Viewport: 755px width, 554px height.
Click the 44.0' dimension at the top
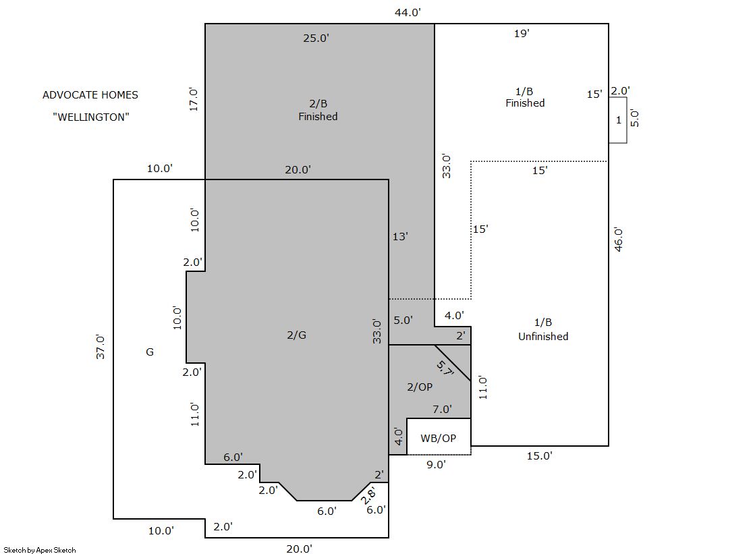[x=408, y=13]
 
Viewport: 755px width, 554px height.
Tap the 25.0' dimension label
[x=316, y=38]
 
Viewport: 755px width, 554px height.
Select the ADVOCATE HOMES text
[x=90, y=95]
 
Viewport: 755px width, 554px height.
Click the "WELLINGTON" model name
[x=91, y=117]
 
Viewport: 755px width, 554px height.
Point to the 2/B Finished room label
[x=318, y=110]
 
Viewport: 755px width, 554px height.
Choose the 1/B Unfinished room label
[x=543, y=329]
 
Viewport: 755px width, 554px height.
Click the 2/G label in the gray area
[x=297, y=335]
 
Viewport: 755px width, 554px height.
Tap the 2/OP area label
[x=420, y=387]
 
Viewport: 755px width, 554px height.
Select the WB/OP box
[x=439, y=437]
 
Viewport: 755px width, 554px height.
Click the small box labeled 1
[x=618, y=120]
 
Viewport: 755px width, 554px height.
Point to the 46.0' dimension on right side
[x=619, y=240]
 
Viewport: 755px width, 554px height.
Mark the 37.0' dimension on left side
[x=100, y=346]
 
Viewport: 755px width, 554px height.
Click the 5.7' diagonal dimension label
[x=445, y=369]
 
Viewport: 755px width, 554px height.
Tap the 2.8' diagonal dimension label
[x=368, y=495]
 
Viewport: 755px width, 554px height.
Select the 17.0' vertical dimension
[x=194, y=99]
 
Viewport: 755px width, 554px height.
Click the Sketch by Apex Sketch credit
[x=40, y=550]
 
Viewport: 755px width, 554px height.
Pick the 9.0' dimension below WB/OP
[x=436, y=464]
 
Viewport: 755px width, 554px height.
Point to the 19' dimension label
[x=522, y=33]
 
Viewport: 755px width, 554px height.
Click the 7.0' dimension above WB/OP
[x=442, y=410]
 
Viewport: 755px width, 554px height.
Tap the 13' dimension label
[x=400, y=237]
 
